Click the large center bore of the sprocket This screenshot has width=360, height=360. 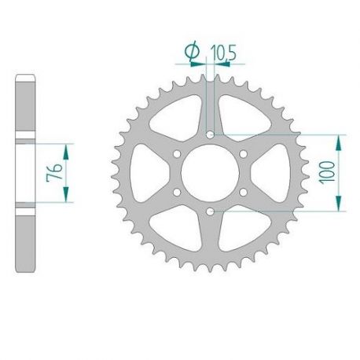[x=209, y=173]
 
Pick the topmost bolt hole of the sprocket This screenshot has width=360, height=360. [x=209, y=135]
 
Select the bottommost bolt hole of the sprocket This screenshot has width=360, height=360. [x=209, y=211]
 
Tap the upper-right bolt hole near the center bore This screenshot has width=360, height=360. [x=242, y=154]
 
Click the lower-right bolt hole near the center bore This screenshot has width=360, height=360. [x=242, y=192]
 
